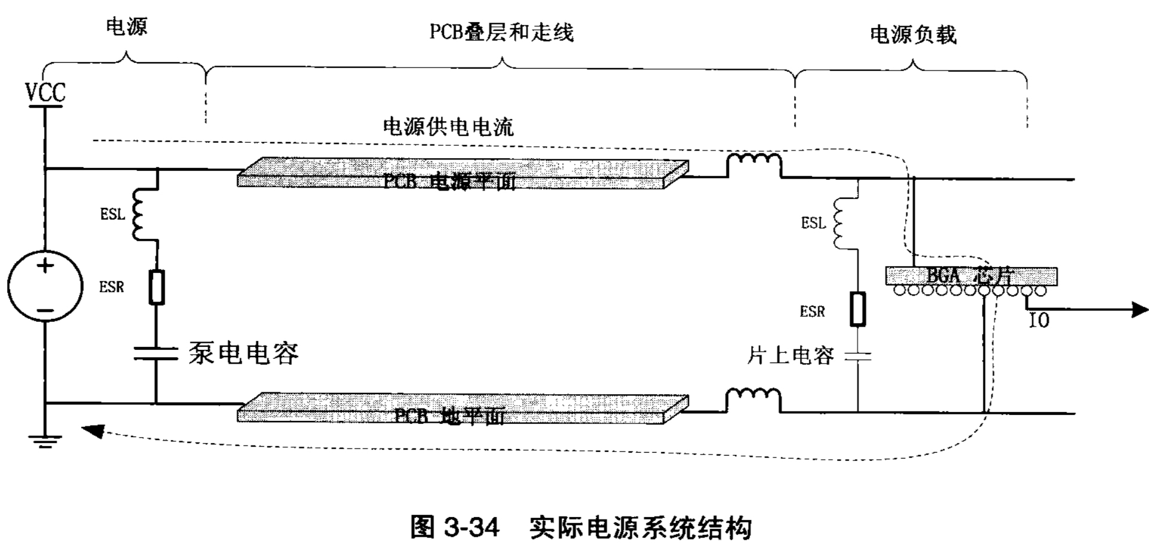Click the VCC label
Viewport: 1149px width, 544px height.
coord(45,93)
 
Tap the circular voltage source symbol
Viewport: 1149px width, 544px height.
coord(45,286)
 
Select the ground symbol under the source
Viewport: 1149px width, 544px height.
coord(45,442)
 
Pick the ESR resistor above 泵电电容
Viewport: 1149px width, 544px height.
coord(157,287)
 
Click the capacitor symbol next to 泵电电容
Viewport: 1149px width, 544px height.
coord(155,354)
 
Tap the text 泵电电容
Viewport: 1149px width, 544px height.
coord(243,354)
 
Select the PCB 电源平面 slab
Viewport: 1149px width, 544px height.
coord(462,174)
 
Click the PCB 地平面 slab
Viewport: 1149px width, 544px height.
coord(462,408)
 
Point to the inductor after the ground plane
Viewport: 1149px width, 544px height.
coord(753,398)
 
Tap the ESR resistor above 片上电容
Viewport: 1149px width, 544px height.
coord(858,309)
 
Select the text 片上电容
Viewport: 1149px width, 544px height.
coord(790,356)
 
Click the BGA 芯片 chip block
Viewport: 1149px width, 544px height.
coord(971,276)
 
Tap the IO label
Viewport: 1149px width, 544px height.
coord(1039,321)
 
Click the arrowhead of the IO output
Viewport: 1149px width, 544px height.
coord(1138,310)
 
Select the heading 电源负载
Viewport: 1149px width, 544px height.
coord(912,35)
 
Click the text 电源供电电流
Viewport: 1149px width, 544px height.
coord(448,127)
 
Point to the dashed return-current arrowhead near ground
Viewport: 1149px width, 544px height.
coord(93,430)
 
